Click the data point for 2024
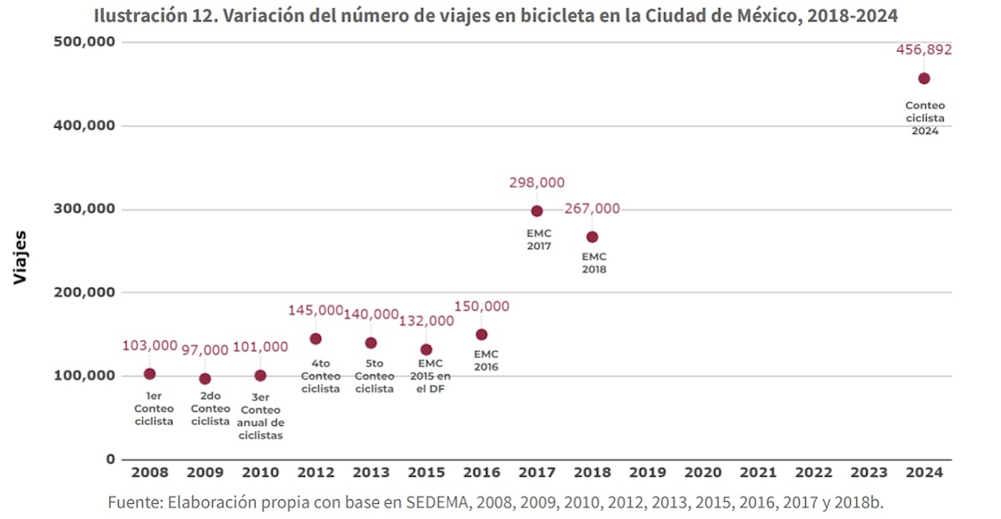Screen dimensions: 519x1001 coord(924,79)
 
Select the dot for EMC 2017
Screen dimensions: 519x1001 coord(537,211)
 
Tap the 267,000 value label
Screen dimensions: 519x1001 coord(592,209)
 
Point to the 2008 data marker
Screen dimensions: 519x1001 coord(149,373)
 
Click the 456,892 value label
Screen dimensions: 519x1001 coord(924,50)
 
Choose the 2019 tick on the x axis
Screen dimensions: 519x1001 coord(647,473)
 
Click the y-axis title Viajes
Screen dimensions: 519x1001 coord(21,258)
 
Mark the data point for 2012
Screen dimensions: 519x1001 coord(315,339)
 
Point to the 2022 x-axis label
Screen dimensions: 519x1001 coord(813,473)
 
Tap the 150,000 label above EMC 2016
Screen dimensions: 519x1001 coord(482,306)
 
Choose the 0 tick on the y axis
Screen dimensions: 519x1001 coord(111,459)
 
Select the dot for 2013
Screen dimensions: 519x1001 coord(371,343)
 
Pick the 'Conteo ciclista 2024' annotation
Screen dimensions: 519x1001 coord(924,118)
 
